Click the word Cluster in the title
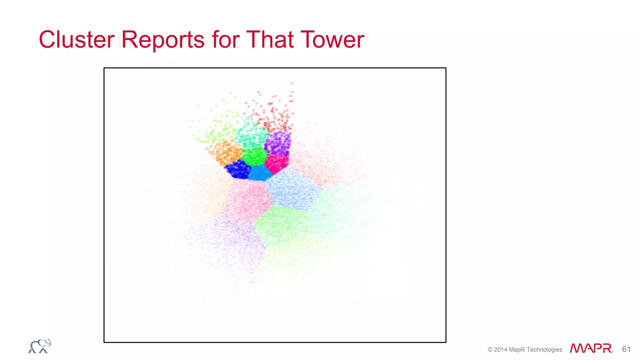77,40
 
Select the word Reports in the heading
163,40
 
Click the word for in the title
226,40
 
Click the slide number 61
626,349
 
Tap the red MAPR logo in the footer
591,348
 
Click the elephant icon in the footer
40,346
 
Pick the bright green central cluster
255,156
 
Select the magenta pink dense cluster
277,163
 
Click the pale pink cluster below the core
247,200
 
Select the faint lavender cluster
228,244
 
